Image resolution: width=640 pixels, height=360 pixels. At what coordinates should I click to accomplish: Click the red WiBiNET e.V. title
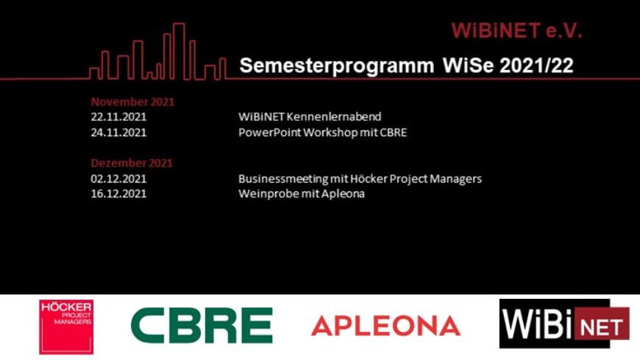516,31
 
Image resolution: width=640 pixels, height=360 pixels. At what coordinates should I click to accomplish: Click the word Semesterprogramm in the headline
337,66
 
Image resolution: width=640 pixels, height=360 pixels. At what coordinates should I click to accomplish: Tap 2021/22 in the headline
537,65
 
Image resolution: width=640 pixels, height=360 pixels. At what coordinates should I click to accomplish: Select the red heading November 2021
132,102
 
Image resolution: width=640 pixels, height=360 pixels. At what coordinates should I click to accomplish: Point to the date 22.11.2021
118,117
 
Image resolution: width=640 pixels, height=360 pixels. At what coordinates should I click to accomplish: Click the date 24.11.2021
118,133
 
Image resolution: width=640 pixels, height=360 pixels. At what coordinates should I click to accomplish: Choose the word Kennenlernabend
334,117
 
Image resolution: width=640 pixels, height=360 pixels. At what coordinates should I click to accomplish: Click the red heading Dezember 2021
132,163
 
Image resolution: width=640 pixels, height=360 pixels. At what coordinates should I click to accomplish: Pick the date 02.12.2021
118,179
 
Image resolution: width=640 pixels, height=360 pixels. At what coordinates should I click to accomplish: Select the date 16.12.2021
118,194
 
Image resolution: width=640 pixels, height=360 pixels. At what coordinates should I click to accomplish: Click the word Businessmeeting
283,179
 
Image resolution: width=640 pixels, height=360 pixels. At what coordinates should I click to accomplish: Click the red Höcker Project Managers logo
66,326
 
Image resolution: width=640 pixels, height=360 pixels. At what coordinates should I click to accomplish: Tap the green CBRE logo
202,325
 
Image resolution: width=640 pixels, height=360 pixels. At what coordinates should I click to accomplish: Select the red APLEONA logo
385,325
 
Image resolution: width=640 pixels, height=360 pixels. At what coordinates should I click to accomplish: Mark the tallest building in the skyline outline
179,51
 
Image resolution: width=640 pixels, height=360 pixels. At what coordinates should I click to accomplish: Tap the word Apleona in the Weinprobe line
343,194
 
